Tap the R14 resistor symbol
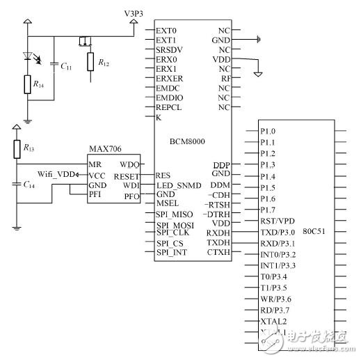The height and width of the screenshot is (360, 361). pos(27,86)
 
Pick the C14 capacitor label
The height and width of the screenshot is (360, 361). pos(29,185)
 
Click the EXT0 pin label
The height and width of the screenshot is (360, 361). pos(167,31)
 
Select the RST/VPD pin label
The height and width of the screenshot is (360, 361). pos(275,220)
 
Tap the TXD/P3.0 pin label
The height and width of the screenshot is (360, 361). pos(277,232)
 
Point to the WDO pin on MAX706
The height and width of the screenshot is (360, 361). pos(128,165)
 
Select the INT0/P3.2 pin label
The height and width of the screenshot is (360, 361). pos(278,254)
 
